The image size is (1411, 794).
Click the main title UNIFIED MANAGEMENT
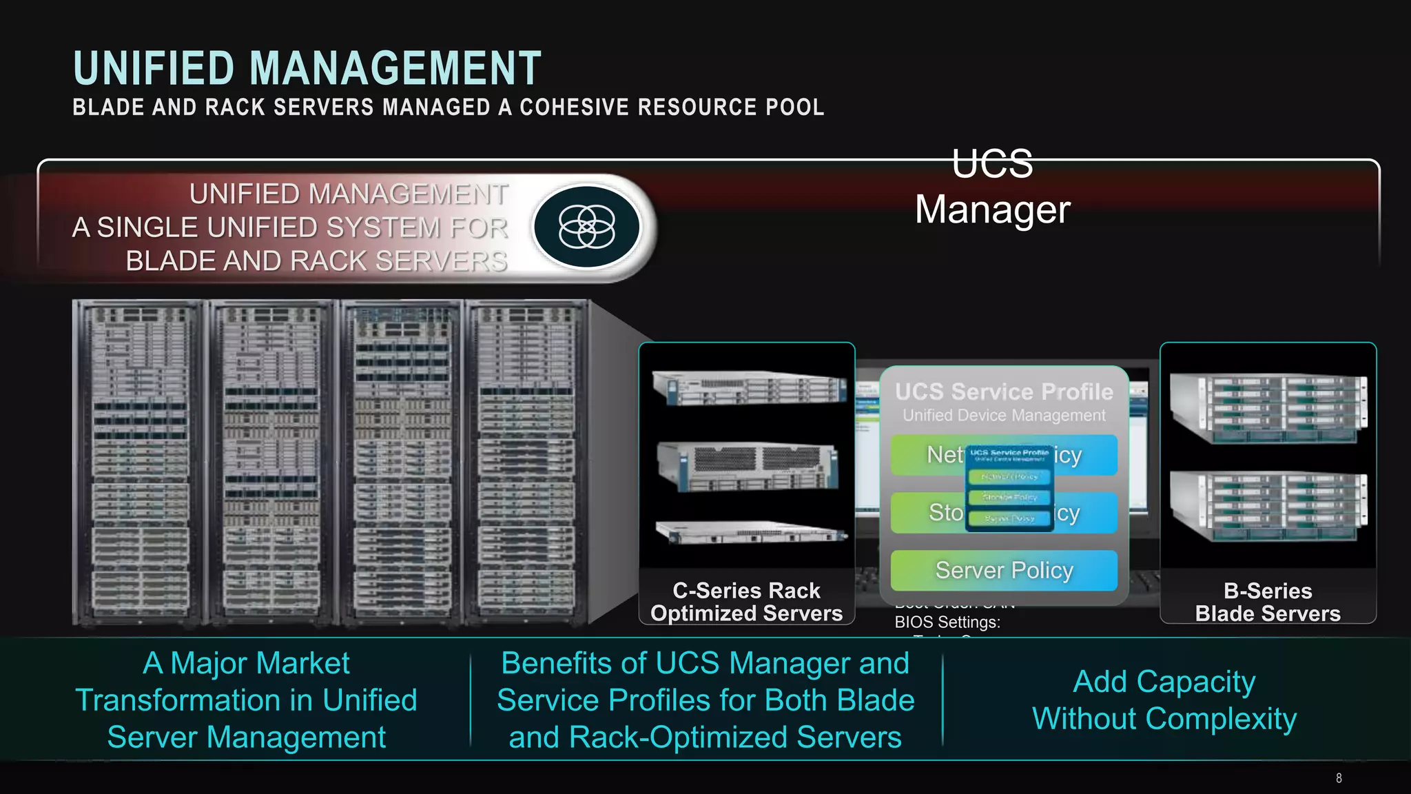pyautogui.click(x=307, y=68)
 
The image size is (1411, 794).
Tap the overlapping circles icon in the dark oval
pyautogui.click(x=586, y=227)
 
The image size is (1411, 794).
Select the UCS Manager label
pyautogui.click(x=992, y=187)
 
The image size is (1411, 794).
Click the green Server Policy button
pyautogui.click(x=1004, y=571)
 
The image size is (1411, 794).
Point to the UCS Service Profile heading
pyautogui.click(x=1004, y=391)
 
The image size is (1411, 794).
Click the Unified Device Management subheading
pyautogui.click(x=1004, y=416)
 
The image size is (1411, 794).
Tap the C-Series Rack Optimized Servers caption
pyautogui.click(x=747, y=602)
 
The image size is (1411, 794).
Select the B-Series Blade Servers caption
pyautogui.click(x=1268, y=602)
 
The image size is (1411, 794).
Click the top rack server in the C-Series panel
pyautogui.click(x=750, y=388)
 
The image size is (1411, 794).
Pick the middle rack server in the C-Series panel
pyautogui.click(x=748, y=466)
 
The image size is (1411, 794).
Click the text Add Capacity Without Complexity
pyautogui.click(x=1164, y=700)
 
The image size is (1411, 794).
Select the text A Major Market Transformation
pyautogui.click(x=247, y=700)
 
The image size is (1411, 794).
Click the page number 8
pyautogui.click(x=1339, y=778)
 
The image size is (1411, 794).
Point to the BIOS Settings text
pyautogui.click(x=947, y=622)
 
